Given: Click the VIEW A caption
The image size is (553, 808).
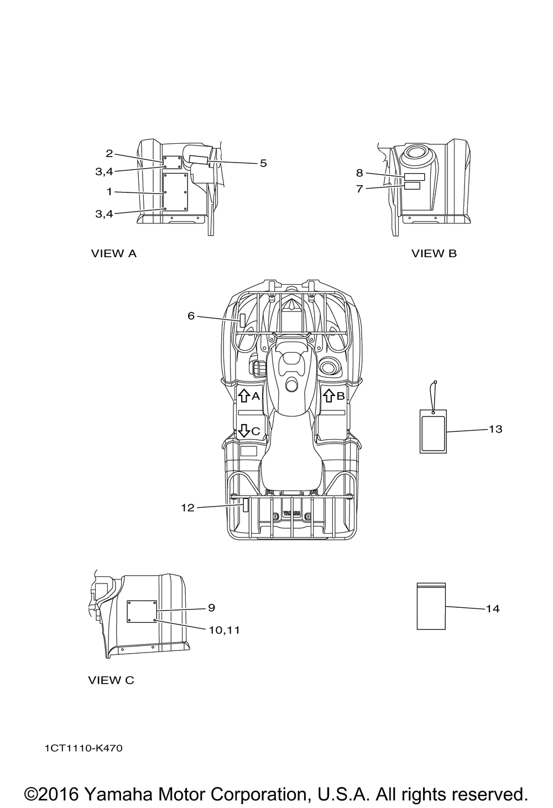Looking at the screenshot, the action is click(113, 254).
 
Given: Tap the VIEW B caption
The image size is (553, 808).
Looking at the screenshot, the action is click(434, 254).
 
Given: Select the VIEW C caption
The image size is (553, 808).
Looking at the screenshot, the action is click(111, 680).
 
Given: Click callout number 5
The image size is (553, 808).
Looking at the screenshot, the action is click(263, 163).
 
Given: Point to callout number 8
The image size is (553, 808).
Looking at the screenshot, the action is click(359, 173).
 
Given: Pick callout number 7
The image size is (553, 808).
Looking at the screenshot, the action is click(359, 189).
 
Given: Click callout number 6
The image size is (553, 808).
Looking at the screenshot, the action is click(191, 316).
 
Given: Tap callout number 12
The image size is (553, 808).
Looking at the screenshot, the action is click(187, 508).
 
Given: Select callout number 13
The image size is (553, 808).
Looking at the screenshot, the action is click(495, 429).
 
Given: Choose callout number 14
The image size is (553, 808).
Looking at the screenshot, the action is click(493, 608).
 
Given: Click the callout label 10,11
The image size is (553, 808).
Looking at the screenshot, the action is click(225, 630).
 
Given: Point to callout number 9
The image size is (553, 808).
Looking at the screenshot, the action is click(212, 608).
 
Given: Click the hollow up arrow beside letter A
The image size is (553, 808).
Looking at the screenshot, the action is click(244, 395).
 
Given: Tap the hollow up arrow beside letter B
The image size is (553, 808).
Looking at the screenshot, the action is click(328, 395).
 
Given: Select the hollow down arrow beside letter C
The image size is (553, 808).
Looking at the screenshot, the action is click(244, 431).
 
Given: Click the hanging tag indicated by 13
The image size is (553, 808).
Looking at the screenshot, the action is click(433, 431).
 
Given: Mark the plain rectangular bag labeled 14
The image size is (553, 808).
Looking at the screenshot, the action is click(431, 606).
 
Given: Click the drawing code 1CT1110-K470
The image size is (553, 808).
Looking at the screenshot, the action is click(84, 748).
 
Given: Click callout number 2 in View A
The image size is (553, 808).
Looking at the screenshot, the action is click(109, 154).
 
